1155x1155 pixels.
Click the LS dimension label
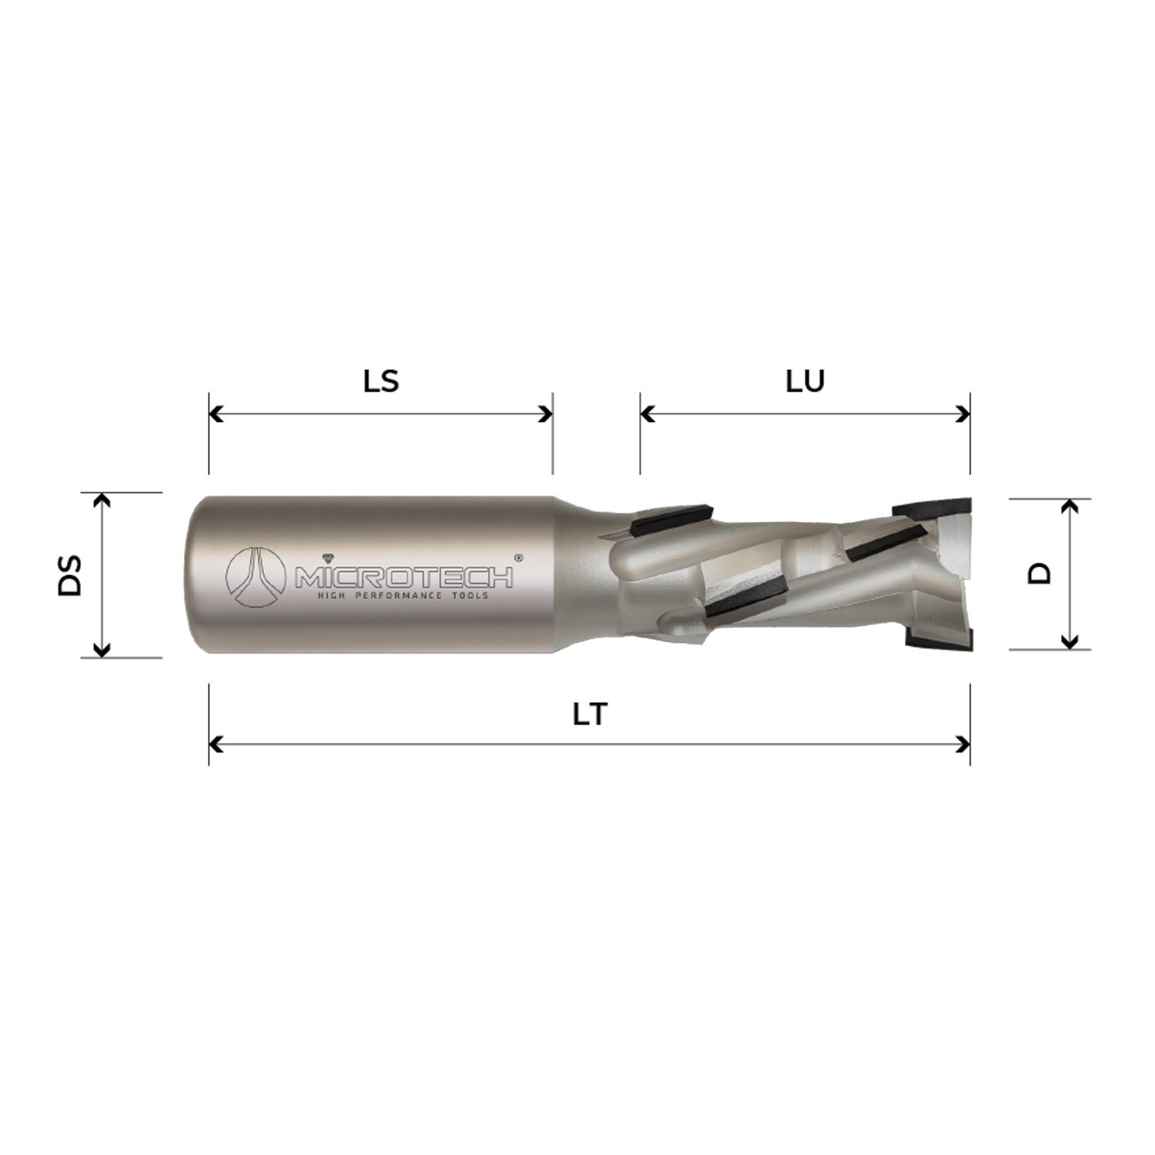pos(381,381)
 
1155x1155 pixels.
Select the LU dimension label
pos(805,381)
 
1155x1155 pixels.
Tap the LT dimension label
pos(590,715)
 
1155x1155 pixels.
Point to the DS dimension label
pos(70,575)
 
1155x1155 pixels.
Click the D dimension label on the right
pos(1040,573)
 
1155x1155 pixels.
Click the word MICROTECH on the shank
pos(404,578)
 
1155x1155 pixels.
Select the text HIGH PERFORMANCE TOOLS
pos(404,595)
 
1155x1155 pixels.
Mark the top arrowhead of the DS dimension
pos(101,500)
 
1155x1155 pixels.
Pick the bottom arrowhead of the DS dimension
pos(101,651)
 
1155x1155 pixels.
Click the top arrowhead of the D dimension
pos(1069,506)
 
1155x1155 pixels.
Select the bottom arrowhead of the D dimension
pos(1069,641)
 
